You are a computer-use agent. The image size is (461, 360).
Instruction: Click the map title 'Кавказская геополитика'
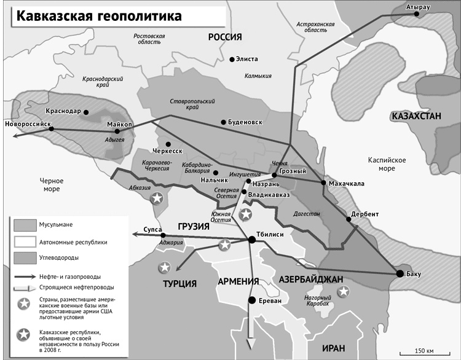(x=99, y=16)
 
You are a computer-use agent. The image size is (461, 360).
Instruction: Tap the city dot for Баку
(x=400, y=273)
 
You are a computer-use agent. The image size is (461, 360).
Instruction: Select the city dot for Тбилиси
(x=251, y=239)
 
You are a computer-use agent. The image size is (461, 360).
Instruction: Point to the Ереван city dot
(x=251, y=300)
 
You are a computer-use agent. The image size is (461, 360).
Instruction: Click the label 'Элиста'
(x=248, y=59)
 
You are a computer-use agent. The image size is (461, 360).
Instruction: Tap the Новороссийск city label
(x=26, y=123)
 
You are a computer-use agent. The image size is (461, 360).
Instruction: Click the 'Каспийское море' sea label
(x=385, y=163)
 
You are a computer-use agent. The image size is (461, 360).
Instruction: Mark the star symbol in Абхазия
(x=157, y=198)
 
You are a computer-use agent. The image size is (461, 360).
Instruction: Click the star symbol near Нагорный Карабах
(x=344, y=291)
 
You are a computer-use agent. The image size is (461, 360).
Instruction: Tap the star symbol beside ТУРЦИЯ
(x=164, y=268)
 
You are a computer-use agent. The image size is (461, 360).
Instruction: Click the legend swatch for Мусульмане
(x=23, y=225)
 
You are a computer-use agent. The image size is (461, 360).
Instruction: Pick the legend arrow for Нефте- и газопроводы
(x=23, y=276)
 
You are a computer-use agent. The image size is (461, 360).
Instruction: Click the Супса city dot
(x=162, y=235)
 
